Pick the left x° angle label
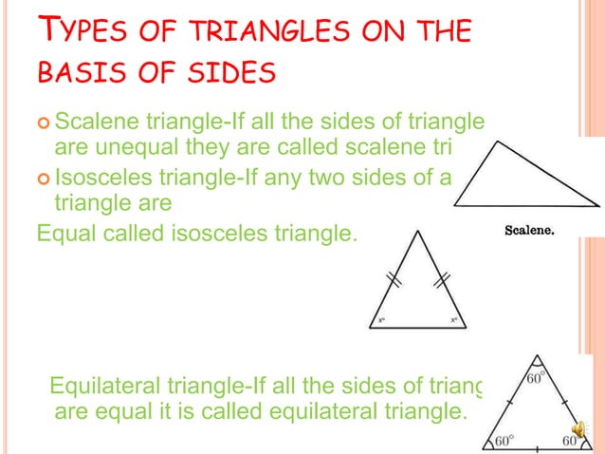pos(380,320)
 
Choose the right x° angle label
pos(453,320)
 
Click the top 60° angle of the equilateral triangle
pos(537,378)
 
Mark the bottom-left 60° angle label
pos(504,442)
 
